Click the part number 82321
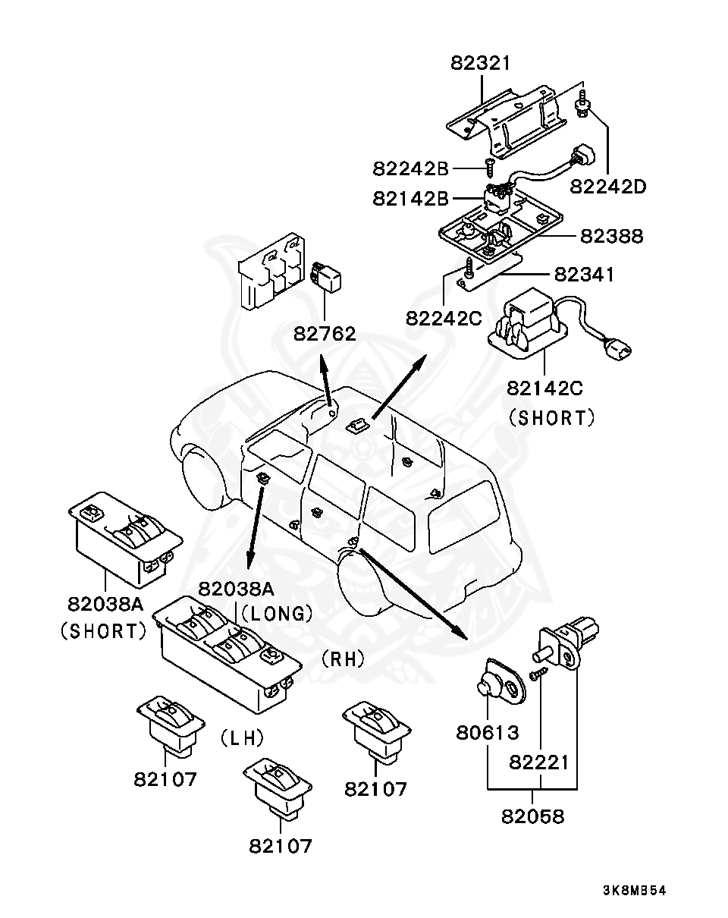click(x=480, y=63)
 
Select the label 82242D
click(x=608, y=187)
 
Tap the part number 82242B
click(x=411, y=169)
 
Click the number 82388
click(x=611, y=236)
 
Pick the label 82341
click(x=584, y=275)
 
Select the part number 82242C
click(x=444, y=318)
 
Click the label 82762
click(x=325, y=334)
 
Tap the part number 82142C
click(x=544, y=388)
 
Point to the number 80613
click(x=488, y=733)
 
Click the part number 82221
click(x=539, y=762)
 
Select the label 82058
click(x=532, y=816)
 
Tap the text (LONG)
click(x=278, y=614)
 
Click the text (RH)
click(x=344, y=659)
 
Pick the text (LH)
click(x=242, y=737)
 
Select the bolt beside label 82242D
click(x=583, y=106)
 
